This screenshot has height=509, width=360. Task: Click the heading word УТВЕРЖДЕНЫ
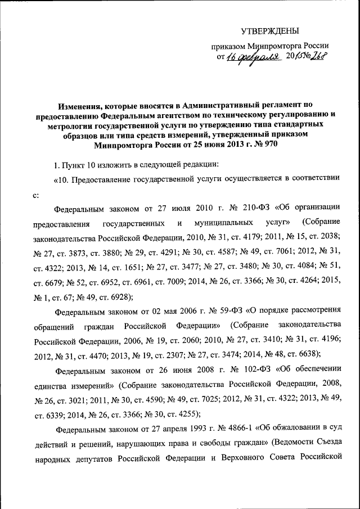(x=270, y=30)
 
